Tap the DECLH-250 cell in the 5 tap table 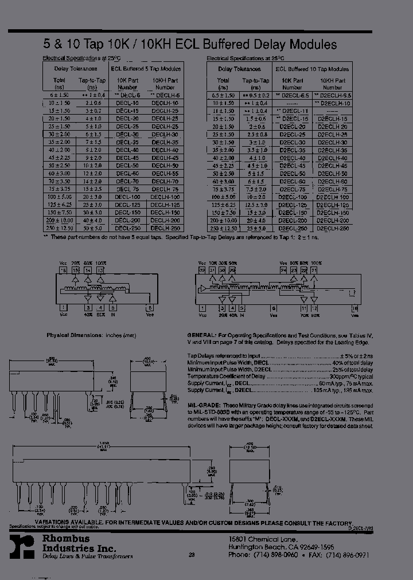coord(165,228)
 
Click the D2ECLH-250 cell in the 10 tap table coord(332,228)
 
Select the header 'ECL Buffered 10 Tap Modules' coord(312,69)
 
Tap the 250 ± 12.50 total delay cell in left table coord(60,228)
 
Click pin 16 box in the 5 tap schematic coord(64,269)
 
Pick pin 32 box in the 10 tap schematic coord(201,269)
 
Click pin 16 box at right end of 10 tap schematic coord(354,308)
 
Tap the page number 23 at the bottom coord(192,555)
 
